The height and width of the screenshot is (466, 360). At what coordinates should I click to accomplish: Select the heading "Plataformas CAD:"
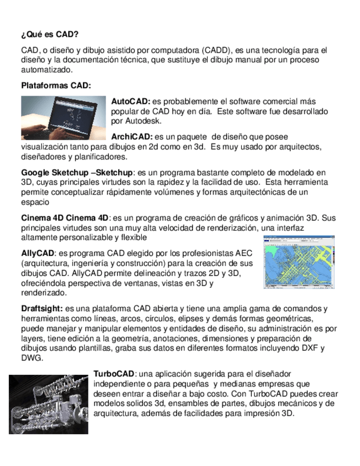pyautogui.click(x=56, y=86)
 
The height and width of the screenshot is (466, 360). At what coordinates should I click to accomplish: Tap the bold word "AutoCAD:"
pyautogui.click(x=131, y=102)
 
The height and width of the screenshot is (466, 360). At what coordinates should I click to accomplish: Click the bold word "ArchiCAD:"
pyautogui.click(x=132, y=136)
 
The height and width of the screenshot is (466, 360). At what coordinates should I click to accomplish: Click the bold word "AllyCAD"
pyautogui.click(x=37, y=253)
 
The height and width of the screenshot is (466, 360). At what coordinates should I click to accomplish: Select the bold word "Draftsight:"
pyautogui.click(x=42, y=308)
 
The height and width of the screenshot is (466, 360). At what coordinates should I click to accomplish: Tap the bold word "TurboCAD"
pyautogui.click(x=114, y=373)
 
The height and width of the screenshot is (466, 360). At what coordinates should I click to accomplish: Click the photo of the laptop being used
pyautogui.click(x=63, y=118)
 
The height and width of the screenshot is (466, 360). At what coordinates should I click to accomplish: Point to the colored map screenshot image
pyautogui.click(x=299, y=262)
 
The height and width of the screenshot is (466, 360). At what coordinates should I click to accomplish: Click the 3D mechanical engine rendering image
pyautogui.click(x=48, y=404)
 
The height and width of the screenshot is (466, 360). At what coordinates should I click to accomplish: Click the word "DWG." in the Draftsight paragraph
pyautogui.click(x=32, y=358)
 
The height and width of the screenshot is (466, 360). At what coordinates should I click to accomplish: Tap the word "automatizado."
pyautogui.click(x=46, y=70)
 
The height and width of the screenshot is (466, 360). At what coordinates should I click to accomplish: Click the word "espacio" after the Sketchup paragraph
pyautogui.click(x=34, y=202)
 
